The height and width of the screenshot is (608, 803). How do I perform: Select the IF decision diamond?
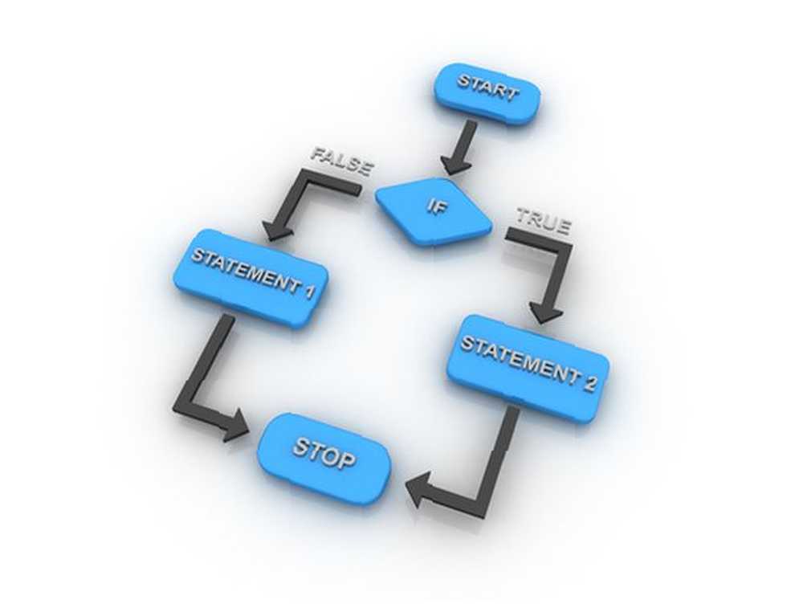pyautogui.click(x=434, y=210)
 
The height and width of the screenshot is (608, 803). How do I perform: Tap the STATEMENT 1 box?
pyautogui.click(x=250, y=276)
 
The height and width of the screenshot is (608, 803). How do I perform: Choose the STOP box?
pyautogui.click(x=324, y=458)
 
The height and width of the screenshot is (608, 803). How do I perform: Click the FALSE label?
pyautogui.click(x=341, y=162)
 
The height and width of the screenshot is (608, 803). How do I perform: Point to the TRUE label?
pyautogui.click(x=543, y=222)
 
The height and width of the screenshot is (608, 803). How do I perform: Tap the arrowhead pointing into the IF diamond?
pyautogui.click(x=456, y=166)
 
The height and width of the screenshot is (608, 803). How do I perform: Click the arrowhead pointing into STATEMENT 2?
pyautogui.click(x=546, y=312)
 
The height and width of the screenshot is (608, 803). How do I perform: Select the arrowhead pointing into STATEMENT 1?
pyautogui.click(x=276, y=231)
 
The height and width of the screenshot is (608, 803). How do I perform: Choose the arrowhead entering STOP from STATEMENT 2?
pyautogui.click(x=418, y=490)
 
